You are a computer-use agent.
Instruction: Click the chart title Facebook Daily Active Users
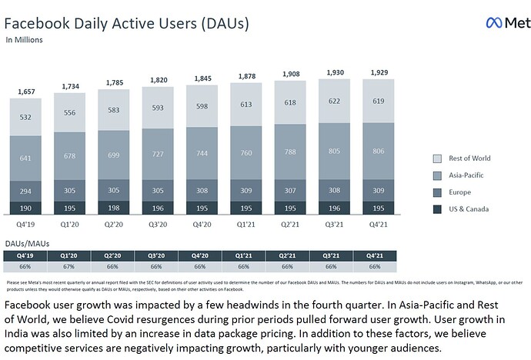[x=127, y=23]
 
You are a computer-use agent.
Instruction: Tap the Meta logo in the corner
[x=507, y=23]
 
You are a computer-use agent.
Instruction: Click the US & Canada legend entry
[x=467, y=209]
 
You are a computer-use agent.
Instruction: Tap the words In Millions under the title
[x=24, y=39]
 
